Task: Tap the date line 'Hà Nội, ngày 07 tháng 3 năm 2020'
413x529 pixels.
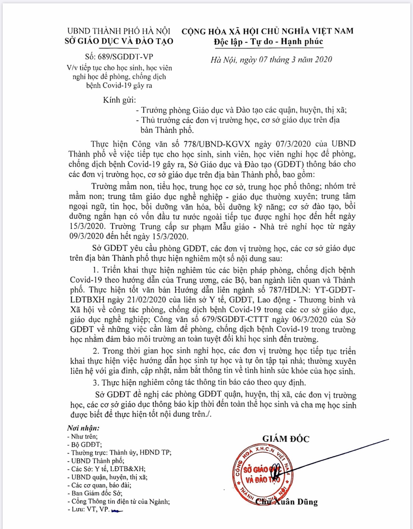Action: [271, 60]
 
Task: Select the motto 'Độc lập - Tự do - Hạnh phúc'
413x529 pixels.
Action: [268, 42]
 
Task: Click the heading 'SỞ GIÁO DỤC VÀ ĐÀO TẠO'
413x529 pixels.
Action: [119, 41]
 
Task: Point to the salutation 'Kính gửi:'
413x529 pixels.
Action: [119, 100]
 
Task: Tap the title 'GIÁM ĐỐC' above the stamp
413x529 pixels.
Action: [286, 439]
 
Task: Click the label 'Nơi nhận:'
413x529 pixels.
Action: [83, 428]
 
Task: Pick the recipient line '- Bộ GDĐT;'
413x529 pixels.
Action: [84, 444]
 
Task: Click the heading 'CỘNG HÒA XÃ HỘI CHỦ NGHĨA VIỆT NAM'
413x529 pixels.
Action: [267, 31]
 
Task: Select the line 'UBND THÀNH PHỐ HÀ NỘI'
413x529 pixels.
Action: [119, 31]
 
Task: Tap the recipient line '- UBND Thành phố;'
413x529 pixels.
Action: [96, 461]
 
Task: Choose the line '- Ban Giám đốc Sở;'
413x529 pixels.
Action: [95, 493]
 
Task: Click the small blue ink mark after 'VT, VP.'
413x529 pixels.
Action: [117, 510]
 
